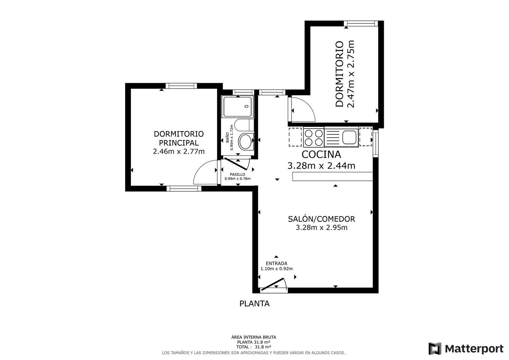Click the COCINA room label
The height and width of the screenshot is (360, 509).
pyautogui.click(x=321, y=154)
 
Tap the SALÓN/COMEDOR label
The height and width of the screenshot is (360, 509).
pyautogui.click(x=321, y=219)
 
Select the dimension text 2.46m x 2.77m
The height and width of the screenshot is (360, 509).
pyautogui.click(x=178, y=151)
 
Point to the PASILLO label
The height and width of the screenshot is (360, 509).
pyautogui.click(x=238, y=174)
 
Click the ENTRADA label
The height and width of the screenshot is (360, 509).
pyautogui.click(x=276, y=263)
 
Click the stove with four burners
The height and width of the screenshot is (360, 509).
pyautogui.click(x=314, y=137)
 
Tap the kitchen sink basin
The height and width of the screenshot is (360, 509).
pyautogui.click(x=349, y=137)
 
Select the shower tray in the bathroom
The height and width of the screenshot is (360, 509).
pyautogui.click(x=238, y=107)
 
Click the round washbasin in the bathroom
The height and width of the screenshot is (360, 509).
pyautogui.click(x=246, y=141)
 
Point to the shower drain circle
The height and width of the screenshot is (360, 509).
pyautogui.click(x=247, y=106)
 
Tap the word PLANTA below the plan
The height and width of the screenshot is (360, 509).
pyautogui.click(x=254, y=304)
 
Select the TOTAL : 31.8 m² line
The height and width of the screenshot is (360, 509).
pyautogui.click(x=253, y=347)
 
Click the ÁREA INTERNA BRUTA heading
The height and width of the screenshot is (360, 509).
pyautogui.click(x=253, y=337)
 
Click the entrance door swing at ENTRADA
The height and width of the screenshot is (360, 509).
pyautogui.click(x=274, y=284)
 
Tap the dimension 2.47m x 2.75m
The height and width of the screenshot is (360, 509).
pyautogui.click(x=351, y=74)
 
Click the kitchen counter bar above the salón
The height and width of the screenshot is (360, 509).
pyautogui.click(x=333, y=176)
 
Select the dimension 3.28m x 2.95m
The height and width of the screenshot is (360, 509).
pyautogui.click(x=321, y=228)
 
